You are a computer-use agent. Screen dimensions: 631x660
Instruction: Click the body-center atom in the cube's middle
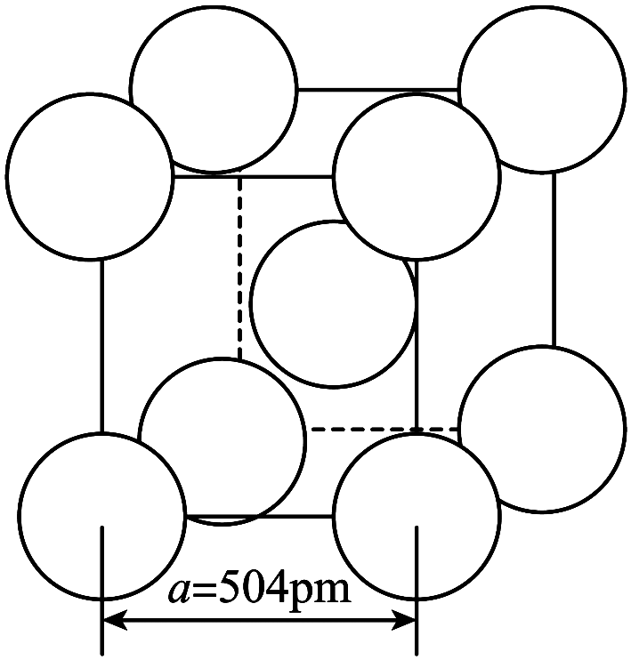[333, 303]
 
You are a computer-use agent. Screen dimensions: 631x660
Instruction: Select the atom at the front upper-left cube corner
[89, 176]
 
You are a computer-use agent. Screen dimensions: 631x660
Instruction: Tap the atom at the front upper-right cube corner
[417, 176]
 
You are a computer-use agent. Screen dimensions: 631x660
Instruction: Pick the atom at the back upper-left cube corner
[214, 89]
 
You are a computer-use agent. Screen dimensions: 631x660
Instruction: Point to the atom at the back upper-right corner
[542, 89]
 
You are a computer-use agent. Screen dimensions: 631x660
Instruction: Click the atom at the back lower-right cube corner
[542, 429]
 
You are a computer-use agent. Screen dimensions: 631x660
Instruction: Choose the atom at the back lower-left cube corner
[222, 441]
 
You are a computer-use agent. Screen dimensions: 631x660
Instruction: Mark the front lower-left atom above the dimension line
[101, 516]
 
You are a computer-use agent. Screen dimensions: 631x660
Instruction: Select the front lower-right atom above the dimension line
[417, 516]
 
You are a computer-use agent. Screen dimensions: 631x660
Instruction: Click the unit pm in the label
[321, 590]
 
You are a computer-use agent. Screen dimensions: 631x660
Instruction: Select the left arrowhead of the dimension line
[115, 620]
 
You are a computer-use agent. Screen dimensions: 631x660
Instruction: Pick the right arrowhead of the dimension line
[403, 620]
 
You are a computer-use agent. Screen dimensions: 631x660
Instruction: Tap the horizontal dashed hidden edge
[384, 429]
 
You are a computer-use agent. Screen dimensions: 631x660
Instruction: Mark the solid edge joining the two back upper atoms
[378, 89]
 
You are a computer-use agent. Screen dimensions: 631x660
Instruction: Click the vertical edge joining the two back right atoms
[554, 260]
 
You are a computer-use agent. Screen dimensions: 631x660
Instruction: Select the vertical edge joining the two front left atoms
[101, 346]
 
